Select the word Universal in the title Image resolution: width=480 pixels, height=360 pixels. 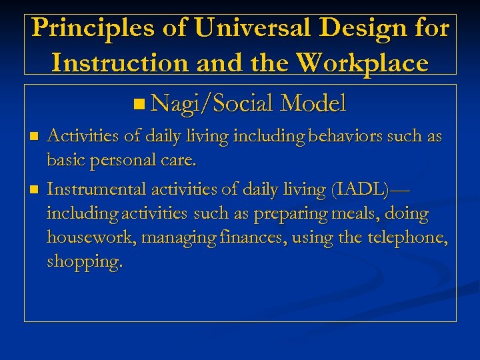click(243, 29)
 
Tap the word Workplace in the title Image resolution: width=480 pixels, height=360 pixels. click(363, 63)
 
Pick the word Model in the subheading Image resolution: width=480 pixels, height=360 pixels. click(313, 103)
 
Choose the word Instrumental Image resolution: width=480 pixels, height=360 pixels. click(97, 189)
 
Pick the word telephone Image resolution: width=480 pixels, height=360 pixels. click(405, 238)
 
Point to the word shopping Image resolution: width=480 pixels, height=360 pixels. click(85, 262)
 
